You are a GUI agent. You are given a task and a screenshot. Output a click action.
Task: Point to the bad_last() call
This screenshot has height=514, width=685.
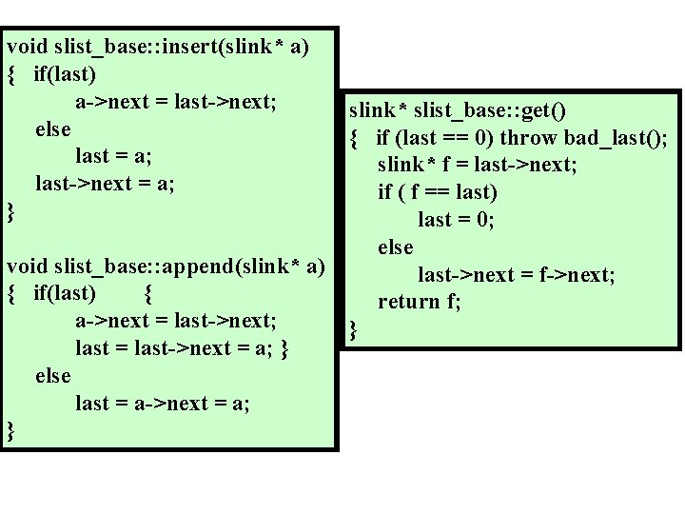pyautogui.click(x=616, y=138)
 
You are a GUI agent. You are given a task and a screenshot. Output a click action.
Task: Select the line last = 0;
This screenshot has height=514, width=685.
pyautogui.click(x=457, y=220)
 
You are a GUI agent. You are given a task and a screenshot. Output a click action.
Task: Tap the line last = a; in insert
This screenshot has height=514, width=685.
pyautogui.click(x=114, y=156)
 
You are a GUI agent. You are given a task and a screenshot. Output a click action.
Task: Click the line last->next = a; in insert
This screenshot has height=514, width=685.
pyautogui.click(x=105, y=183)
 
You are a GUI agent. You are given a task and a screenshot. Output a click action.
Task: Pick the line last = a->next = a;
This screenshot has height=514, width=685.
pyautogui.click(x=163, y=404)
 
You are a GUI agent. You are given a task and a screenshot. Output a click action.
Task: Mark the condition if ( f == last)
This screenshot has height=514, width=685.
pyautogui.click(x=438, y=192)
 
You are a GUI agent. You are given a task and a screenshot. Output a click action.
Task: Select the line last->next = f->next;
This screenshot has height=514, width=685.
pyautogui.click(x=517, y=275)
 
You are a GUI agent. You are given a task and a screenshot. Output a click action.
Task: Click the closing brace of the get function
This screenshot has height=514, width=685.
pyautogui.click(x=354, y=331)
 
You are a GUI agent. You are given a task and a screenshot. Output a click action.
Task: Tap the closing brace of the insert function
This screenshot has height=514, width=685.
pyautogui.click(x=11, y=211)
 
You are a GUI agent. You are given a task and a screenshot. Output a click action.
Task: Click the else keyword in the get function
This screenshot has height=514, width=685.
pyautogui.click(x=396, y=247)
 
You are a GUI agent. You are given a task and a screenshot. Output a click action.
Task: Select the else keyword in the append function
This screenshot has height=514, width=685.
pyautogui.click(x=52, y=376)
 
